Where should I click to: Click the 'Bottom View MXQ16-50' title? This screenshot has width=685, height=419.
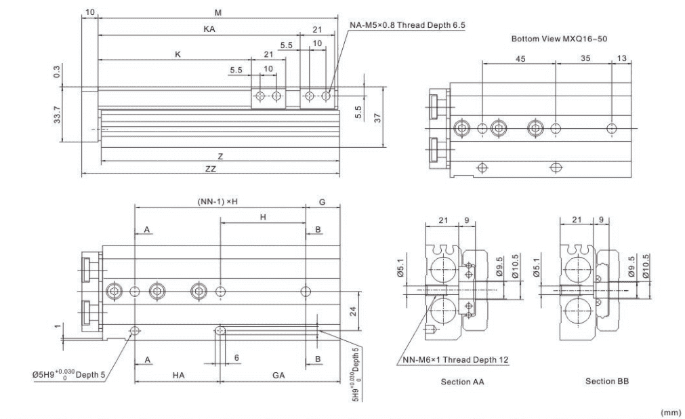(x=559, y=39)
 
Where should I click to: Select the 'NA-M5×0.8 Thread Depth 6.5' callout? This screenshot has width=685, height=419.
(x=407, y=25)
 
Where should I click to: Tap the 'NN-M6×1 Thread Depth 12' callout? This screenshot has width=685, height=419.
(x=455, y=360)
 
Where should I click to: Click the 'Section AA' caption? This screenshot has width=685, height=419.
(x=462, y=382)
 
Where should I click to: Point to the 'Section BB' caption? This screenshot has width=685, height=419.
(x=607, y=382)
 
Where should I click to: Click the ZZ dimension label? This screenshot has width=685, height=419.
(x=211, y=169)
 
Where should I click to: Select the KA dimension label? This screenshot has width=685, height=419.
(x=209, y=29)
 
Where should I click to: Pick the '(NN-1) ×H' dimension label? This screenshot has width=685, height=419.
(x=217, y=201)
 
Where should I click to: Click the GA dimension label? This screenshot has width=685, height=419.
(x=278, y=375)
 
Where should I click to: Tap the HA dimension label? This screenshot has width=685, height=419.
(x=178, y=375)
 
